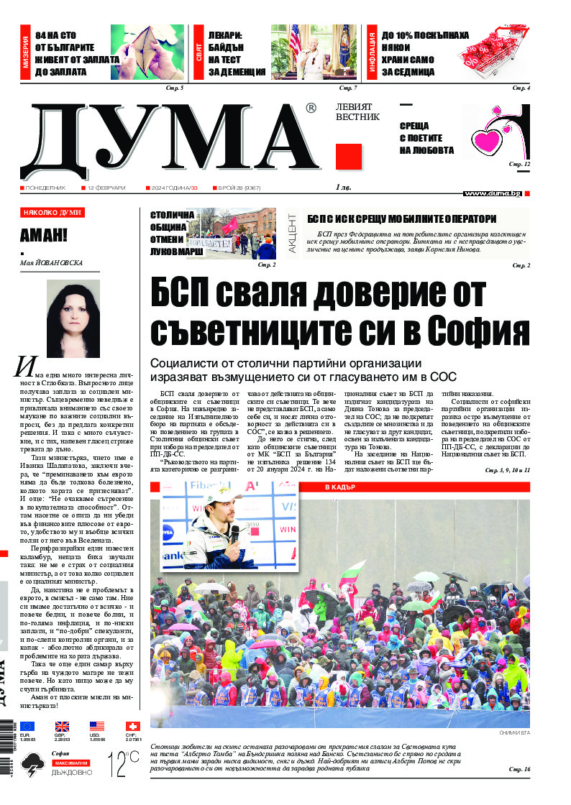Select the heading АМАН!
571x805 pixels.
click(x=44, y=235)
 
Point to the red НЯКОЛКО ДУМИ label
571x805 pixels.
click(x=52, y=213)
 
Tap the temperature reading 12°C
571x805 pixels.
click(x=123, y=763)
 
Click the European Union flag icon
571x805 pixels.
click(x=27, y=727)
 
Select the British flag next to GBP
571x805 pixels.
click(x=63, y=727)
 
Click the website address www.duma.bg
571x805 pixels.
click(x=493, y=193)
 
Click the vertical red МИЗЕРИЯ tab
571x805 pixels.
click(x=25, y=55)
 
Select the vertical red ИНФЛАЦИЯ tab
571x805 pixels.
click(x=373, y=55)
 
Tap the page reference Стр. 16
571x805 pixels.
click(x=519, y=770)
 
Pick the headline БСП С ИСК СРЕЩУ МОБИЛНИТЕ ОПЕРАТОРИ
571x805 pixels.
click(x=401, y=218)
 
